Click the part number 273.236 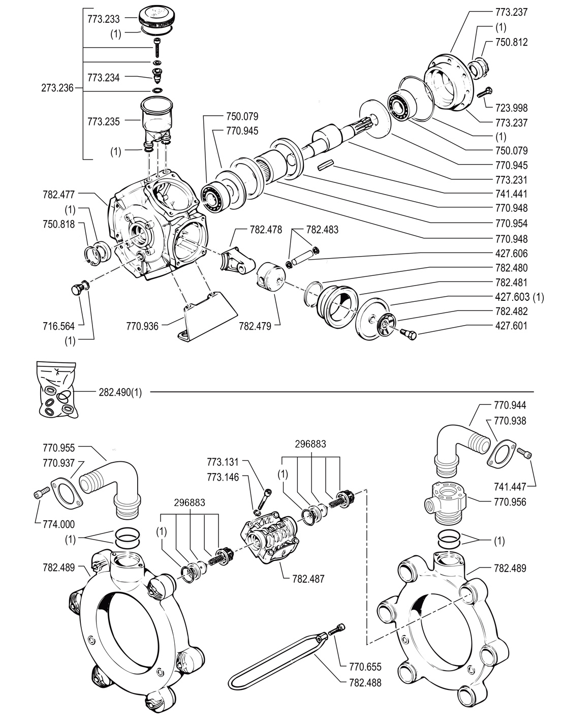click(x=57, y=88)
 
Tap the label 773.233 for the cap click(x=104, y=20)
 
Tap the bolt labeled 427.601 click(x=407, y=333)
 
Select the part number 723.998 click(x=511, y=108)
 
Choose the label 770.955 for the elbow click(x=59, y=448)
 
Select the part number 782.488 click(x=365, y=683)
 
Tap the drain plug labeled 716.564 click(x=76, y=290)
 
